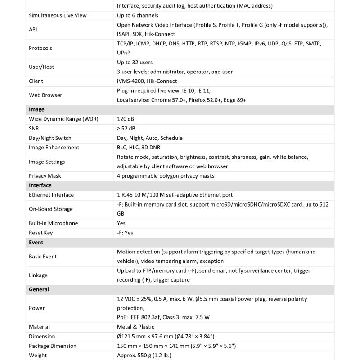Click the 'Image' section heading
pos(36,109)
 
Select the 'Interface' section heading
pos(40,185)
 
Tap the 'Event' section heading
pos(36,242)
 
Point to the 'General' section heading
pos(39,289)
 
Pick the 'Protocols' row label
pos(40,48)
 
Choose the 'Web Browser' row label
pos(45,95)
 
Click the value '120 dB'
pos(126,119)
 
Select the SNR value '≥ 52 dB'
pos(126,128)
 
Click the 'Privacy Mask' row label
pos(45,176)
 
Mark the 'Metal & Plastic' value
pos(135,327)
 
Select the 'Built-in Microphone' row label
pos(53,223)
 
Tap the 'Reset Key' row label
pos(41,233)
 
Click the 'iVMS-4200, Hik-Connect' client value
pos(147,81)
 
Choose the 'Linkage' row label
pos(38,275)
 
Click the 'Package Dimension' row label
pos(53,346)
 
